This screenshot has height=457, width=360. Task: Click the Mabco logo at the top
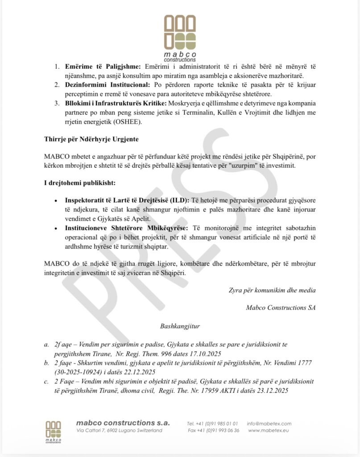click(180, 37)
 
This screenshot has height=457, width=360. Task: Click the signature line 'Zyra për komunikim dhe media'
click(272, 290)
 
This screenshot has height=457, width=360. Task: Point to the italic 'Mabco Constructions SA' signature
click(281, 307)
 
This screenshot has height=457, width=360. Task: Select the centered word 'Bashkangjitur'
click(180, 326)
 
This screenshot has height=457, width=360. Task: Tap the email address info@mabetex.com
click(269, 424)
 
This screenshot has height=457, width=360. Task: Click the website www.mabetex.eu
click(269, 430)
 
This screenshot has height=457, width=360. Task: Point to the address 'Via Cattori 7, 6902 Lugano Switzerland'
click(119, 430)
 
